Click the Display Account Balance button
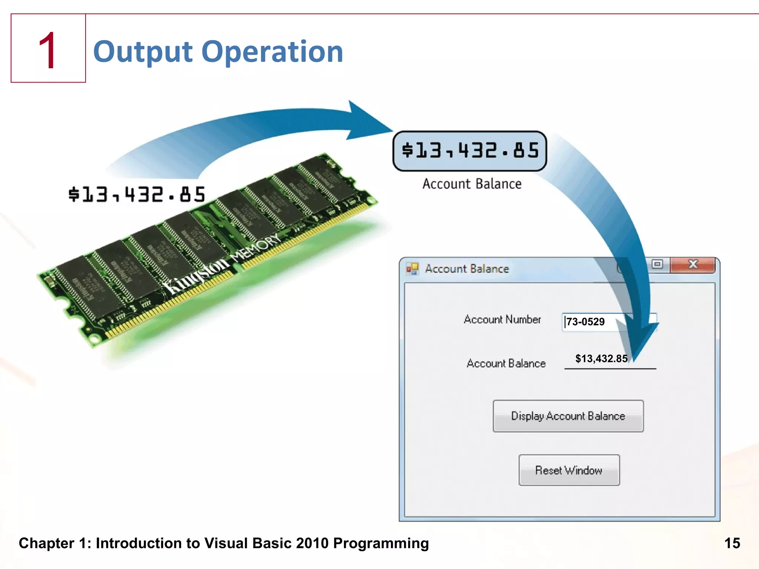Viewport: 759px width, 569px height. (x=568, y=416)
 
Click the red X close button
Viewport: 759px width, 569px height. (x=693, y=264)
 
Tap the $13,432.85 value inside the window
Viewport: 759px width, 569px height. (x=601, y=359)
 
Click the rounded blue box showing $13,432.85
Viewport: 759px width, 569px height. (x=470, y=151)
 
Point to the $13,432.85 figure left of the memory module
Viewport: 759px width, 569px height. (x=137, y=194)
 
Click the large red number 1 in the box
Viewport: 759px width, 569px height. (x=48, y=50)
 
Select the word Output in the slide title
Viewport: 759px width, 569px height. (x=143, y=51)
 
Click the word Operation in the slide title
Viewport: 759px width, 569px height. (x=272, y=51)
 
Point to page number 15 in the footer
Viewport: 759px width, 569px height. (x=732, y=543)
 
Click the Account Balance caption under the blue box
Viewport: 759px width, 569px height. (x=472, y=184)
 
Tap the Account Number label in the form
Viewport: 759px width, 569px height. (x=502, y=319)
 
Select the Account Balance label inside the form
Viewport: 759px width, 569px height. (x=506, y=363)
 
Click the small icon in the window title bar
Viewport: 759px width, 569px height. (x=412, y=268)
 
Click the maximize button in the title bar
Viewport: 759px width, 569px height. (x=657, y=264)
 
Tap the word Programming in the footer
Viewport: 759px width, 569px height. (x=381, y=543)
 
